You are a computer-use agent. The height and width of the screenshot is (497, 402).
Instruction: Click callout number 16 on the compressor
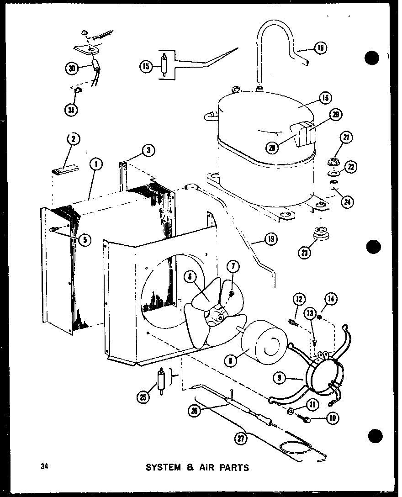click(326, 97)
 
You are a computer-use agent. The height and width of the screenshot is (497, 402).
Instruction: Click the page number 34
click(44, 467)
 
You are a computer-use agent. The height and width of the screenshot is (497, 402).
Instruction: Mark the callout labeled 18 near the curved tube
click(322, 48)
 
